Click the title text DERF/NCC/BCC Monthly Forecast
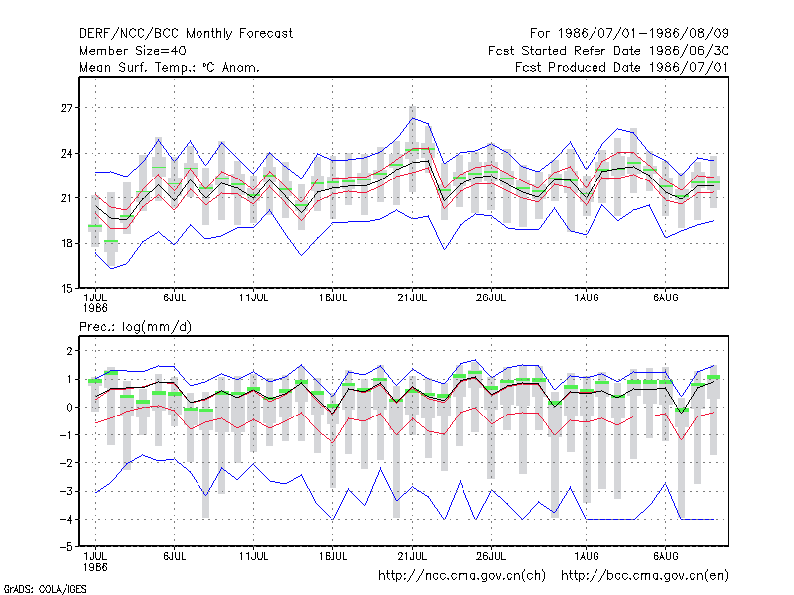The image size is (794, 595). tap(186, 34)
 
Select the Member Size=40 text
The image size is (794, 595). tap(133, 51)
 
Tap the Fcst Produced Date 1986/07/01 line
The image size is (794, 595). tap(621, 67)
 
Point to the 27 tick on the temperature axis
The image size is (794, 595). tap(66, 108)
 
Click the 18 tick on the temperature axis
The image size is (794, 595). tap(66, 243)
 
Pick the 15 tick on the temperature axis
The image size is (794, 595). tap(66, 289)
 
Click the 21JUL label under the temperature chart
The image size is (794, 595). tap(412, 298)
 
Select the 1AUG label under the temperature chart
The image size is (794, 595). tap(587, 298)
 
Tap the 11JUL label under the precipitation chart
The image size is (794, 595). tap(253, 557)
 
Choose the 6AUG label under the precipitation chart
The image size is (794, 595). tap(665, 557)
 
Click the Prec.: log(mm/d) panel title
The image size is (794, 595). tap(135, 327)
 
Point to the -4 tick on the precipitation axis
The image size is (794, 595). tap(66, 519)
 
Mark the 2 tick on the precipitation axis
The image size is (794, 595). tap(69, 351)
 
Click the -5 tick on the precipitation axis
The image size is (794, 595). tap(66, 547)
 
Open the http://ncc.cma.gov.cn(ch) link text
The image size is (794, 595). tap(462, 576)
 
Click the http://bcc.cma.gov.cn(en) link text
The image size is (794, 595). tap(644, 576)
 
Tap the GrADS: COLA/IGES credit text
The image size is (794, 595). tap(45, 589)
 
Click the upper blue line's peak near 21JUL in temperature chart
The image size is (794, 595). tap(413, 118)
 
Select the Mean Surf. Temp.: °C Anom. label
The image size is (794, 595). tap(170, 67)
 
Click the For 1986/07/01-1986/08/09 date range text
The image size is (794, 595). tap(629, 34)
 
